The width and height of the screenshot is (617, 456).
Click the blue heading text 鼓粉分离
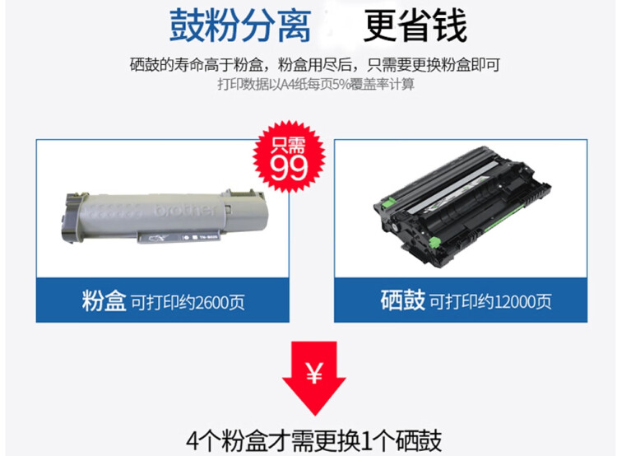pyautogui.click(x=240, y=26)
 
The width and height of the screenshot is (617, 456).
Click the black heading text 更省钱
pyautogui.click(x=415, y=26)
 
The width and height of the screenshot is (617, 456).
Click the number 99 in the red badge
pyautogui.click(x=289, y=167)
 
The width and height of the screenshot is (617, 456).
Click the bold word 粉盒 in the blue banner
pyautogui.click(x=104, y=300)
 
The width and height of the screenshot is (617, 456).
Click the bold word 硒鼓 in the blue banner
pyautogui.click(x=403, y=300)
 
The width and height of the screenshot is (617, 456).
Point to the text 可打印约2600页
pyautogui.click(x=187, y=302)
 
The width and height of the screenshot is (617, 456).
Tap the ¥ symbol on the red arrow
pyautogui.click(x=313, y=373)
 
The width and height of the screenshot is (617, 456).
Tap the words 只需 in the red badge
pyautogui.click(x=289, y=145)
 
